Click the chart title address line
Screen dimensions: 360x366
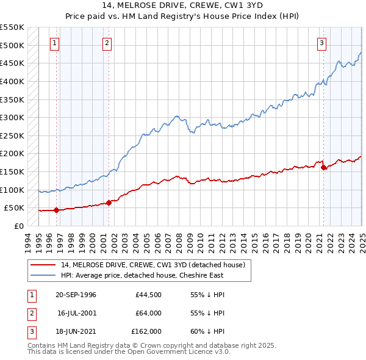183,7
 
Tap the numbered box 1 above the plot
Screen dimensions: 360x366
55,43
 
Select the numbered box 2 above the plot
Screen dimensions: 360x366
107,43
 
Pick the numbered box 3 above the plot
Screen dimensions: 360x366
321,43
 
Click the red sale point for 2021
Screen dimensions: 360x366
323,167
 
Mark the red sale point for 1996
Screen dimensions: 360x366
56,210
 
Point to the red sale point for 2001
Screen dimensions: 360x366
109,203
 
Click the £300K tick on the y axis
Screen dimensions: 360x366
12,117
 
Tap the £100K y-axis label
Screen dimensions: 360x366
12,190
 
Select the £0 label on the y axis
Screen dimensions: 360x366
18,226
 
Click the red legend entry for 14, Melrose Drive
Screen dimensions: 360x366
152,265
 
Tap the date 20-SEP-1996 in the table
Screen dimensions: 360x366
76,295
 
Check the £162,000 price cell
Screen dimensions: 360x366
146,331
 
